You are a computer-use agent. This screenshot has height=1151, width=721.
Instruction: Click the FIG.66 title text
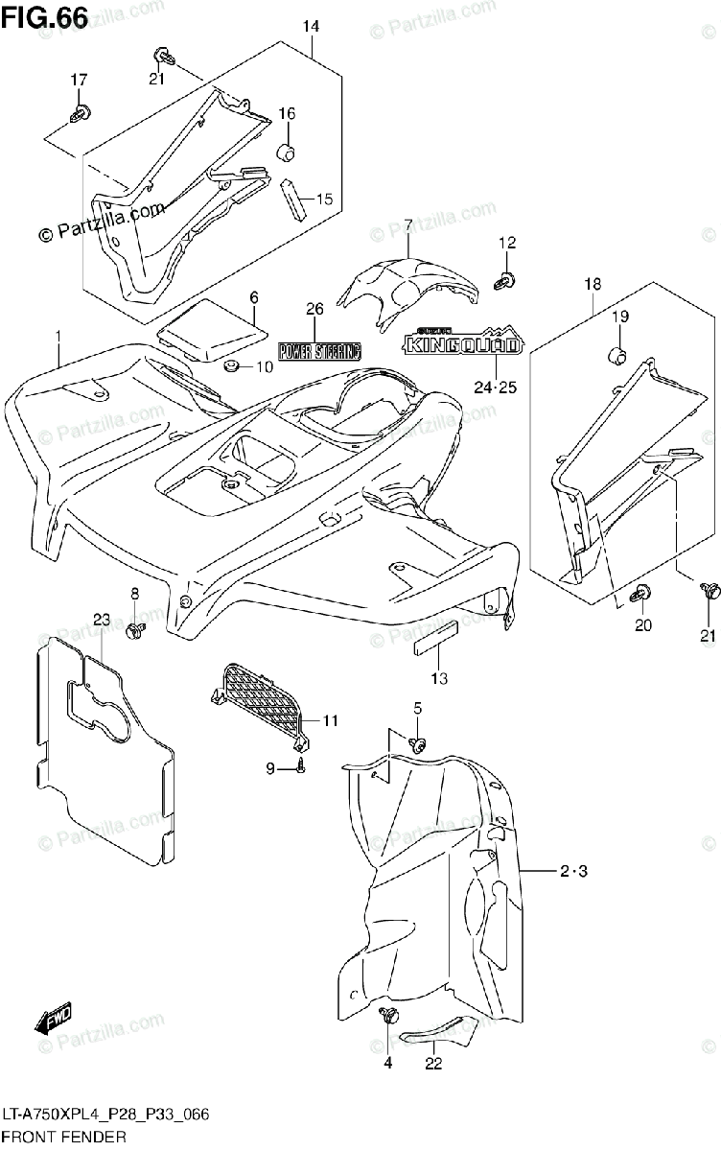[x=45, y=16]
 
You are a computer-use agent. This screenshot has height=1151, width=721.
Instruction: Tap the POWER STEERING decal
[x=319, y=349]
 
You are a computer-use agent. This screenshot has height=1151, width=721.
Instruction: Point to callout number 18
[x=593, y=283]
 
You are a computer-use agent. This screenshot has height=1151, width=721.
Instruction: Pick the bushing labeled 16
[x=285, y=152]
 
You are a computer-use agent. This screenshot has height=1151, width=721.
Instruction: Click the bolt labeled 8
[x=135, y=629]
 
